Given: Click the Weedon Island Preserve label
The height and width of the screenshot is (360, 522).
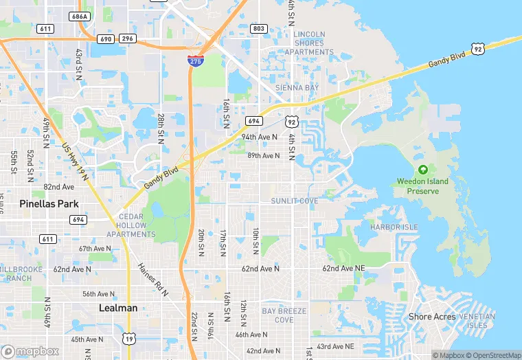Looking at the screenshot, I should [x=422, y=186].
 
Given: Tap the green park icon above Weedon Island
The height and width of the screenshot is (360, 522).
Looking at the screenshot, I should [x=423, y=170].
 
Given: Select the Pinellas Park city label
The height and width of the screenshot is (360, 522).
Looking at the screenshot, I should [x=49, y=204].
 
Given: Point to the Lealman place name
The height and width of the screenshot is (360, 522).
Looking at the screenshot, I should [x=118, y=308].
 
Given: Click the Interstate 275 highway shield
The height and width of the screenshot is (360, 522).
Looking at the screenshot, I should [x=195, y=61].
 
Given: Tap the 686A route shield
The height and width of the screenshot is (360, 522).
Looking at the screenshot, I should [x=80, y=15].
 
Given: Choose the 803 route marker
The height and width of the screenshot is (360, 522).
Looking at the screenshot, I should [x=259, y=28].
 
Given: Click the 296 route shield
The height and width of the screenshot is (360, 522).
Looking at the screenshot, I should [x=127, y=39].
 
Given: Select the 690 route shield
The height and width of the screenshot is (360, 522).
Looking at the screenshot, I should [x=105, y=39].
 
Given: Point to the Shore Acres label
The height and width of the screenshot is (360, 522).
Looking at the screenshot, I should [x=432, y=317].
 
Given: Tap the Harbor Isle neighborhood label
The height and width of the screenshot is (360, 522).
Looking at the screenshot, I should [x=394, y=227].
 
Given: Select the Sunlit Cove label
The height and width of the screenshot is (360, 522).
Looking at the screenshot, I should [x=295, y=201].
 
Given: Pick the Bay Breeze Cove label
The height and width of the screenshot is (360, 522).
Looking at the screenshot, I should [x=277, y=315].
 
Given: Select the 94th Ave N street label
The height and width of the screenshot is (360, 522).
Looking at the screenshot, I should [x=260, y=137].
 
